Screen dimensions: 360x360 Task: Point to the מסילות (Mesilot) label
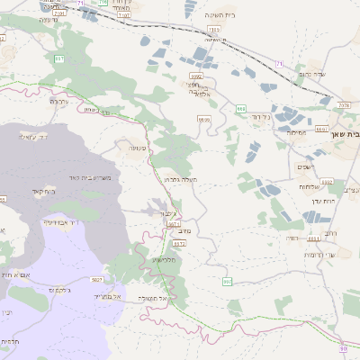pyautogui.click(x=297, y=132)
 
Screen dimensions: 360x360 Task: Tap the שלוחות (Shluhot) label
pyautogui.click(x=310, y=186)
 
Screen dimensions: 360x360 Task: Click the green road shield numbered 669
pyautogui.click(x=241, y=108)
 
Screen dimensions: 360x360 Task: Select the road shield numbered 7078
pyautogui.click(x=344, y=106)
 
